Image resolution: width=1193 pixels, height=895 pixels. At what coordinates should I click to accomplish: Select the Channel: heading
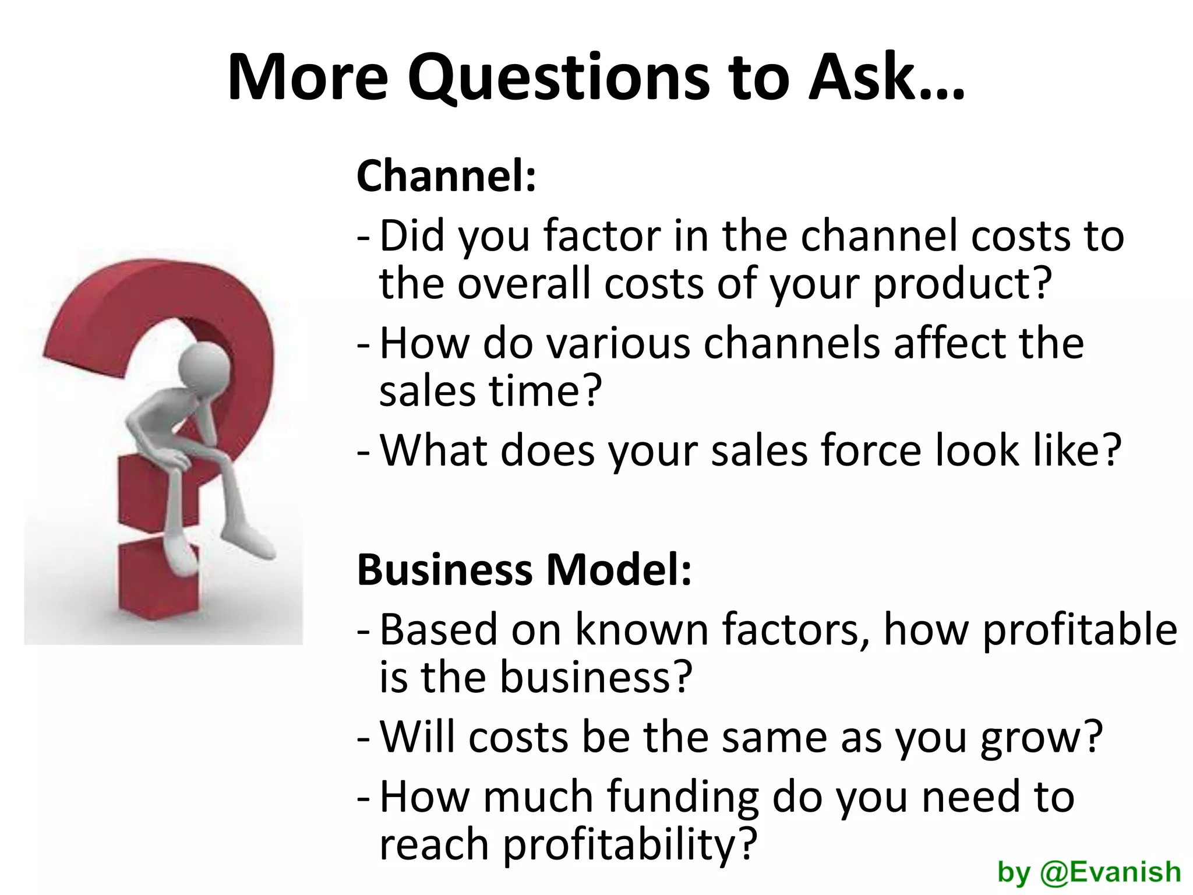click(x=446, y=175)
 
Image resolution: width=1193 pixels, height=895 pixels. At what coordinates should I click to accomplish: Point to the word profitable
click(x=1079, y=630)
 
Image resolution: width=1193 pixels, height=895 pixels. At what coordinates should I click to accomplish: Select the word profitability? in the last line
click(x=629, y=845)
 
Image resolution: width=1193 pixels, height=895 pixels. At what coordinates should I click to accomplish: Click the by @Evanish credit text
click(x=1089, y=872)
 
